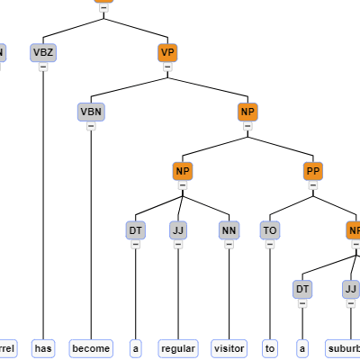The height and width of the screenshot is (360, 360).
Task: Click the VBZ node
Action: pyautogui.click(x=43, y=52)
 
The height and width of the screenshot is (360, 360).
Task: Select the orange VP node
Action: pyautogui.click(x=166, y=52)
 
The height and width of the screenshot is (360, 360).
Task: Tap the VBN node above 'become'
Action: pyautogui.click(x=91, y=112)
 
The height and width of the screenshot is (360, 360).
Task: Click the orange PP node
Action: pyautogui.click(x=313, y=171)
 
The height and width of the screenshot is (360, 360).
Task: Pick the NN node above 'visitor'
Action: pyautogui.click(x=229, y=230)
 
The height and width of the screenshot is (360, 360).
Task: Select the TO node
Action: pyautogui.click(x=270, y=230)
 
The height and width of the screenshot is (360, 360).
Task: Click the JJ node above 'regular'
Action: pyautogui.click(x=178, y=230)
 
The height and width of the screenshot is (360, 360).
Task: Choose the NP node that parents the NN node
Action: pyautogui.click(x=183, y=171)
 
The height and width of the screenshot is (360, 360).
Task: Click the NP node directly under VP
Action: pyautogui.click(x=247, y=112)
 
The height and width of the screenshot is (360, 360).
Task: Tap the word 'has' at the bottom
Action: pyautogui.click(x=43, y=348)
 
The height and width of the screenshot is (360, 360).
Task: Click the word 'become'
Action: pyautogui.click(x=91, y=348)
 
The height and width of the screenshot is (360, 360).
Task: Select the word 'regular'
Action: pyautogui.click(x=178, y=348)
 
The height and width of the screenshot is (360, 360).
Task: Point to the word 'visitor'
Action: pyautogui.click(x=229, y=348)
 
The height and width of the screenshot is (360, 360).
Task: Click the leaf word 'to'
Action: pyautogui.click(x=270, y=348)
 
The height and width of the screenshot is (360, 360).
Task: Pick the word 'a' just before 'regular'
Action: pyautogui.click(x=136, y=348)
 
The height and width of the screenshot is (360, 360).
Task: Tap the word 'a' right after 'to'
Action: pyautogui.click(x=302, y=348)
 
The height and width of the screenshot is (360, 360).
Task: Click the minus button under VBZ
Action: pyautogui.click(x=43, y=67)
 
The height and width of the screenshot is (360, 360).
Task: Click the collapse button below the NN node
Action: pyautogui.click(x=229, y=245)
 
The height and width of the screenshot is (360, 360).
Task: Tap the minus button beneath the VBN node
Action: pyautogui.click(x=91, y=126)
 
